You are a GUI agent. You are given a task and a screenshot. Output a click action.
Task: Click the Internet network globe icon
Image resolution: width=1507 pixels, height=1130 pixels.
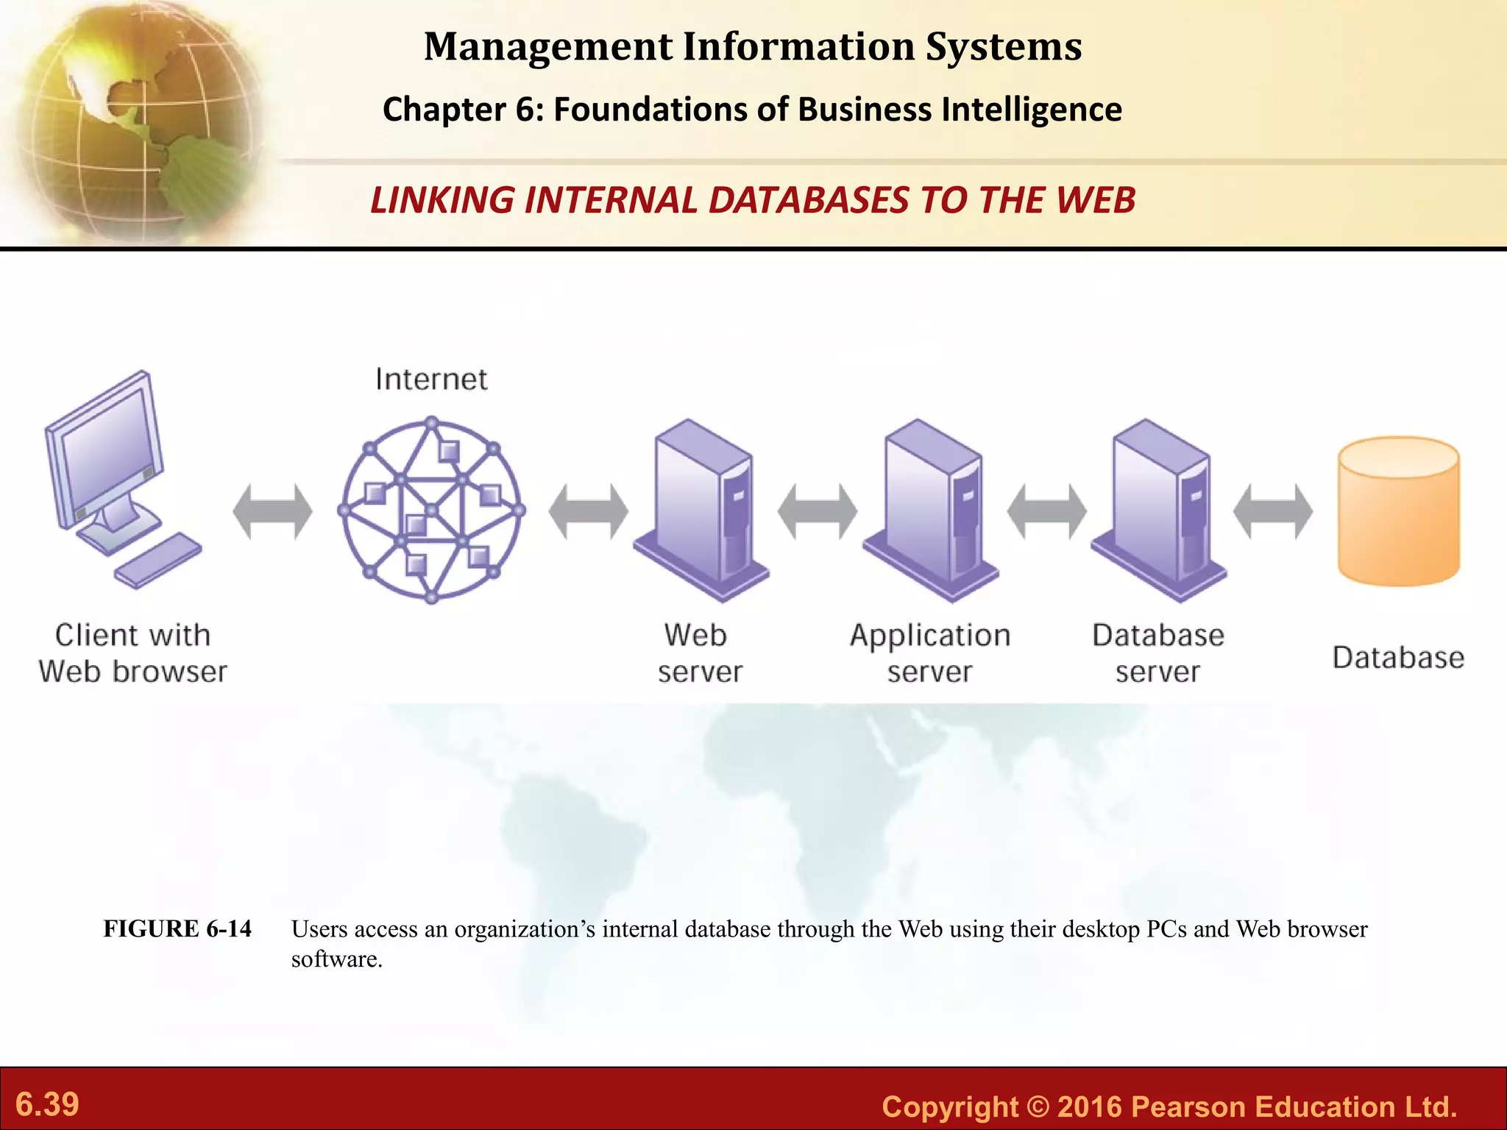pos(432,511)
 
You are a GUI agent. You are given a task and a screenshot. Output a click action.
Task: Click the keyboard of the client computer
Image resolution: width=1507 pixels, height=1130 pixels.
pos(158,561)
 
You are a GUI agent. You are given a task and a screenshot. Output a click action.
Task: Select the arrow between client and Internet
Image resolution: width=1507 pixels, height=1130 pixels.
pos(272,511)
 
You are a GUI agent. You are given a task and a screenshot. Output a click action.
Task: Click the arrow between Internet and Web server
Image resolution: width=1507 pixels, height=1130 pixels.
pos(589,511)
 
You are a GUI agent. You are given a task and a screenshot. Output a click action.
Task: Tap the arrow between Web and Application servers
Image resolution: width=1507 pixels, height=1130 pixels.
pos(818,511)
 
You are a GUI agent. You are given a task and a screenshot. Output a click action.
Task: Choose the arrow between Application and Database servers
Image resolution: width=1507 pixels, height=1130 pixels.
pos(1046,511)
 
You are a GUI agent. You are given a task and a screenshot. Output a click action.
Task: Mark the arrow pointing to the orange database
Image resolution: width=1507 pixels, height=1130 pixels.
pos(1273,511)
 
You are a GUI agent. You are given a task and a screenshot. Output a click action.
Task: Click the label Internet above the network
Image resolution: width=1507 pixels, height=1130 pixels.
pos(431,380)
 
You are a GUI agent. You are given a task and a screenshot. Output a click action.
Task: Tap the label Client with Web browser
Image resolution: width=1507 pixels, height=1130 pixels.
pos(133,653)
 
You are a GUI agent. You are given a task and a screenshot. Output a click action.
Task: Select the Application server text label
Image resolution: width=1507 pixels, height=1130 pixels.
pos(930,653)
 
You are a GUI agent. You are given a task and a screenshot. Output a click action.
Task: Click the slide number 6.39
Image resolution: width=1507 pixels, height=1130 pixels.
pos(47,1104)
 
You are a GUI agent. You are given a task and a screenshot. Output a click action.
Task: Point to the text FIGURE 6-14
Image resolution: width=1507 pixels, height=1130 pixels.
pos(177,929)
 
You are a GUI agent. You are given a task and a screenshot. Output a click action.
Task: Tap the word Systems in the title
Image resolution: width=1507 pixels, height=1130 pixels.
pos(1004,46)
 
